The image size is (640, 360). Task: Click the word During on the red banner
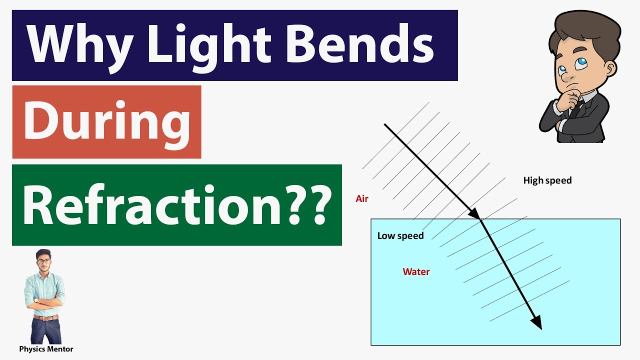tap(106, 122)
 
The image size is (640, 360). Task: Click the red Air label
tap(362, 199)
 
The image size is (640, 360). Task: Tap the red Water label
tap(416, 272)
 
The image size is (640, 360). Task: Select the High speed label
tap(547, 180)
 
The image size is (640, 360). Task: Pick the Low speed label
tap(400, 236)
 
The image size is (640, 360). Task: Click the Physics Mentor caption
tap(46, 349)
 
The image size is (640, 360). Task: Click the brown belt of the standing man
tap(45, 317)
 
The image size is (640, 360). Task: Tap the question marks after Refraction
tap(312, 205)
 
